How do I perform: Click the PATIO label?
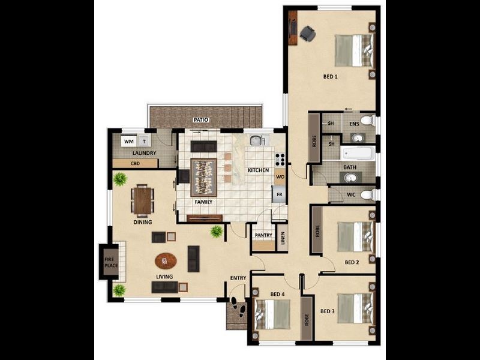pyautogui.click(x=201, y=120)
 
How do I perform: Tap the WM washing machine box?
pyautogui.click(x=128, y=142)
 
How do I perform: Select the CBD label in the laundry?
pyautogui.click(x=135, y=163)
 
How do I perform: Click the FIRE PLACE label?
pyautogui.click(x=111, y=262)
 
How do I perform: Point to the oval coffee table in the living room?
pyautogui.click(x=166, y=261)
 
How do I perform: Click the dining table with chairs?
pyautogui.click(x=143, y=200)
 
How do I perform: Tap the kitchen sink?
pyautogui.click(x=257, y=140)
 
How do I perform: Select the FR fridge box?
pyautogui.click(x=280, y=194)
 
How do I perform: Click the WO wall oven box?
pyautogui.click(x=280, y=177)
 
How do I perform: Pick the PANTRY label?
pyautogui.click(x=263, y=235)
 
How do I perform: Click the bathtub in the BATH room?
pyautogui.click(x=358, y=153)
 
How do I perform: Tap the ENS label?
pyautogui.click(x=354, y=124)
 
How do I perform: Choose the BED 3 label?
pyautogui.click(x=327, y=311)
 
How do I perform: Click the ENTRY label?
pyautogui.click(x=238, y=278)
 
